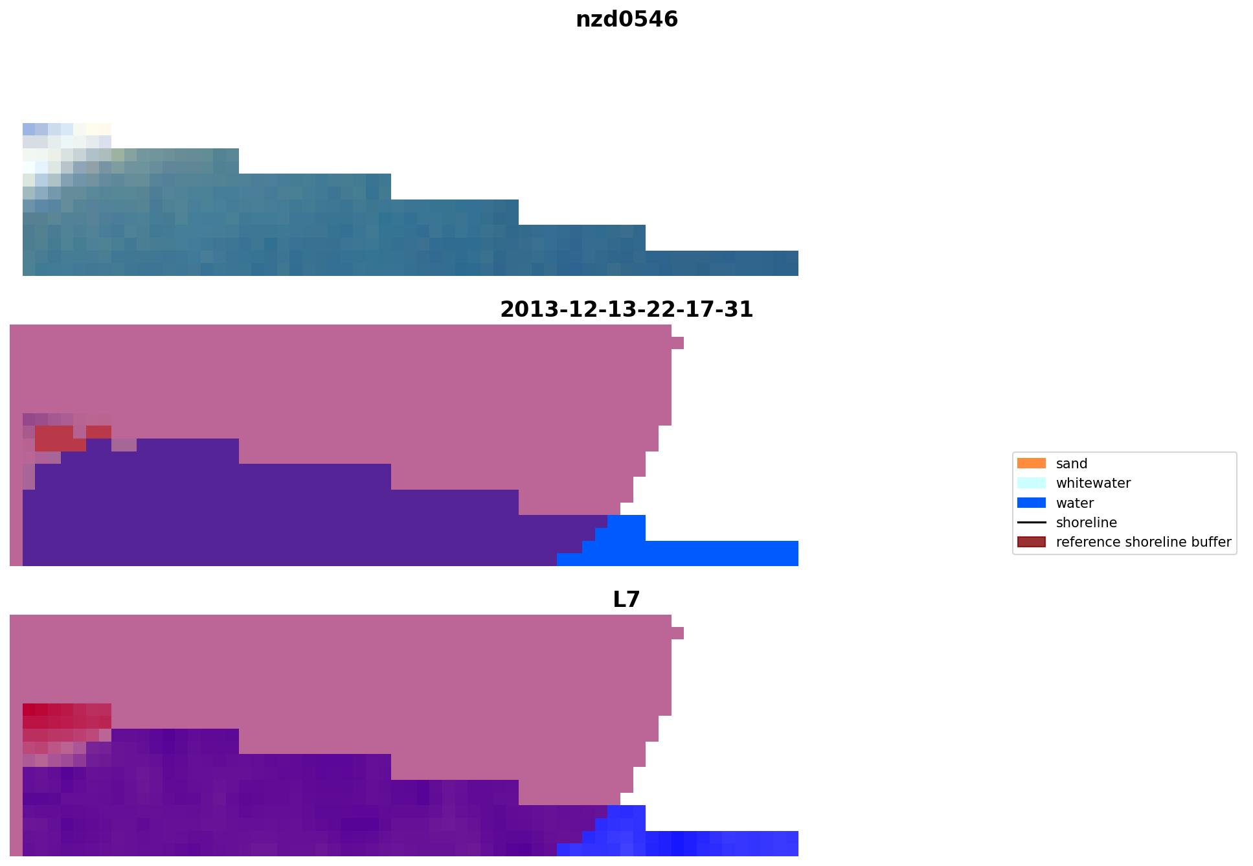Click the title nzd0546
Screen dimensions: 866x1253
tap(626, 19)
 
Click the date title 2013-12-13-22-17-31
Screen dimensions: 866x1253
tap(626, 310)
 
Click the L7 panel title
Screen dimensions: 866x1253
tap(626, 600)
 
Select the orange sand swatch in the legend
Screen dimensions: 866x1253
tap(1031, 464)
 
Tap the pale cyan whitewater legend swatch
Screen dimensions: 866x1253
tap(1031, 483)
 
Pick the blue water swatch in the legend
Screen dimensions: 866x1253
tap(1031, 503)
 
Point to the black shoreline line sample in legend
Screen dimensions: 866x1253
tap(1031, 523)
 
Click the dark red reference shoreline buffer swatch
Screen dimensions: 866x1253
tap(1031, 542)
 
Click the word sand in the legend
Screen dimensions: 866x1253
tap(1071, 464)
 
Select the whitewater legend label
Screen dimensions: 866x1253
tap(1093, 483)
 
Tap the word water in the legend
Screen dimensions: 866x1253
tap(1074, 503)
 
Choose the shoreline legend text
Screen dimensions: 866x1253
tap(1086, 523)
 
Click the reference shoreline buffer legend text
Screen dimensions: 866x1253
tap(1143, 542)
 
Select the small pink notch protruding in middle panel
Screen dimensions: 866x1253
tap(677, 343)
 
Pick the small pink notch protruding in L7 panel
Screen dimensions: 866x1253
tap(677, 633)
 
